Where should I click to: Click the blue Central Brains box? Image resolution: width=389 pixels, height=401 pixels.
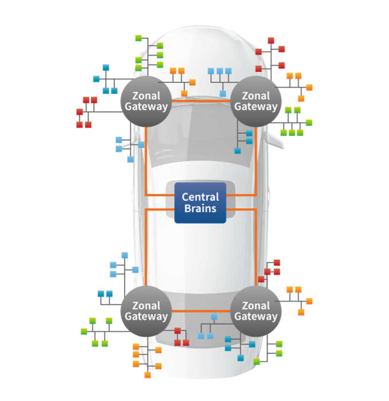pos(200,203)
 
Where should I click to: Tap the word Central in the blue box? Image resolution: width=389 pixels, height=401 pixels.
pos(200,197)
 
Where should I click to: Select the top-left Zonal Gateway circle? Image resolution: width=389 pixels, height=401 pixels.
pos(146,101)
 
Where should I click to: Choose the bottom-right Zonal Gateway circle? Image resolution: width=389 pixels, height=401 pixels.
pos(255,311)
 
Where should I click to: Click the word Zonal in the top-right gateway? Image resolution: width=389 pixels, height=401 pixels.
pos(255,96)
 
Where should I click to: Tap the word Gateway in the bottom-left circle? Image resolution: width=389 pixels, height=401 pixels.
pos(146,317)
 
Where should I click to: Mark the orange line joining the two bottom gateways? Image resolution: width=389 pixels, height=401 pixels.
pos(200,311)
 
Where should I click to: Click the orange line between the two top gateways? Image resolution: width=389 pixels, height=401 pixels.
pos(200,99)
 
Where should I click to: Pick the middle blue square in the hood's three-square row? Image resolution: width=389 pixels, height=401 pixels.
pos(220,71)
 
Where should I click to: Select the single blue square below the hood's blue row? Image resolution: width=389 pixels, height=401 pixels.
pos(223,93)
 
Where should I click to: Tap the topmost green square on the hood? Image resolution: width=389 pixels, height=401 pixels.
pos(160,46)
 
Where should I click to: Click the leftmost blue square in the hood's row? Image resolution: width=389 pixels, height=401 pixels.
pos(211,71)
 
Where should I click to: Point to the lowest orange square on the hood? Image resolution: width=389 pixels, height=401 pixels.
pos(184,93)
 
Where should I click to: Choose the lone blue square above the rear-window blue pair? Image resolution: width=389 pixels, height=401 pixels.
pos(213,316)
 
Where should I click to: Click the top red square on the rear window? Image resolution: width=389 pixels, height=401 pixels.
pos(177,331)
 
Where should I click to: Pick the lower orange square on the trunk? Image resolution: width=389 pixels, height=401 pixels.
pos(158,366)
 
